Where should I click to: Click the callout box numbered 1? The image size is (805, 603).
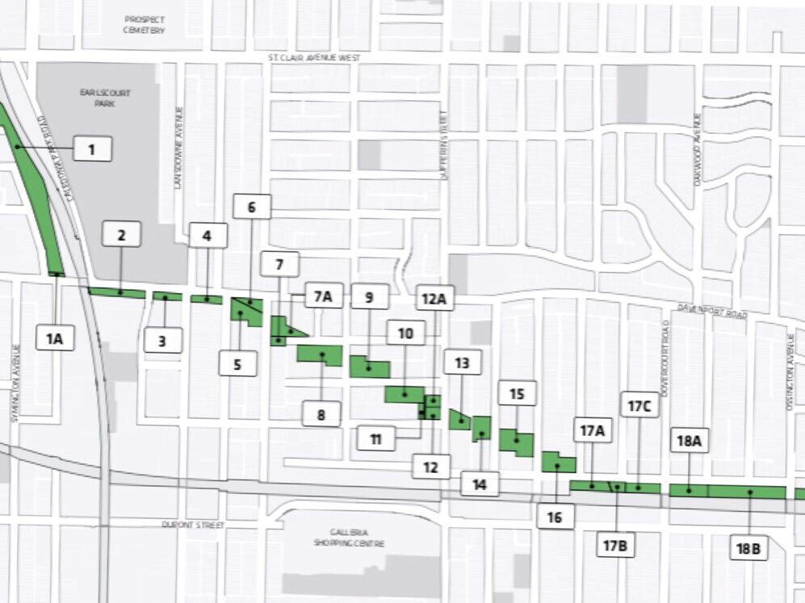(x=91, y=149)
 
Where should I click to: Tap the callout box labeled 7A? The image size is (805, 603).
(x=323, y=296)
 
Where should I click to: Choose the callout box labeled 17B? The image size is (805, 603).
(x=614, y=546)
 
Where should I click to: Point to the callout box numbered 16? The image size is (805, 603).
(x=555, y=517)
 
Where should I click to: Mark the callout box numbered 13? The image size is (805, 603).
(x=462, y=363)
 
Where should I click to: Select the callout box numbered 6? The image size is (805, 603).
(x=251, y=207)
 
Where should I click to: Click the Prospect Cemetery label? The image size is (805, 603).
(x=145, y=24)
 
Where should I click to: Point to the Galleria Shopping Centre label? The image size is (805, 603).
(x=349, y=538)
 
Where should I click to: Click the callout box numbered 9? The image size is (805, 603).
(x=369, y=297)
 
